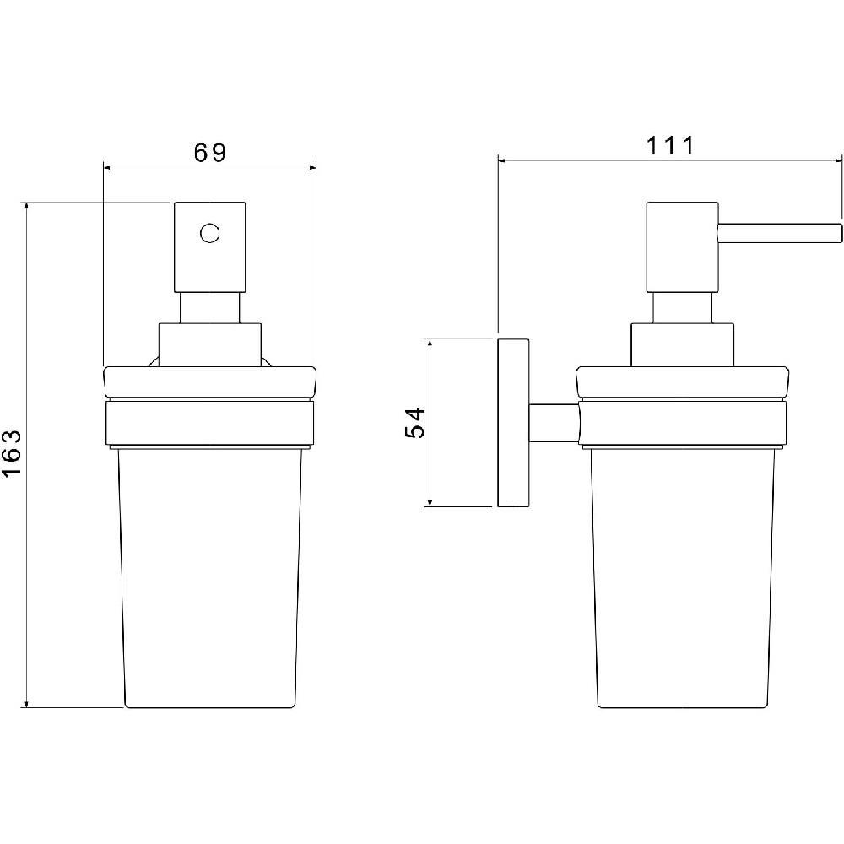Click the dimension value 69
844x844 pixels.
210,153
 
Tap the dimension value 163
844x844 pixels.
12,452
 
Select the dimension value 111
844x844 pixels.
670,146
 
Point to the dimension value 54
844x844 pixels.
415,423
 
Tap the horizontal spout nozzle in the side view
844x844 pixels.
779,234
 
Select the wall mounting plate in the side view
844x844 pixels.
513,423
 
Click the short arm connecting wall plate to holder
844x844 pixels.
555,423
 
